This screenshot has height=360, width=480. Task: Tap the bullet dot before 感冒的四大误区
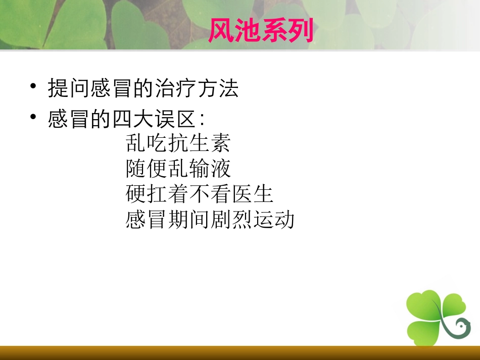[33, 117]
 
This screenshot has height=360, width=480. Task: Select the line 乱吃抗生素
[178, 144]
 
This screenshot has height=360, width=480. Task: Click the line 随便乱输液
[178, 169]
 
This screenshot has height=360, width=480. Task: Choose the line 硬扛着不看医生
[199, 194]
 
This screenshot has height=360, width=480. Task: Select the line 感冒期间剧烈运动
[210, 220]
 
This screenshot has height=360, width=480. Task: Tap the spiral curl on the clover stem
[461, 328]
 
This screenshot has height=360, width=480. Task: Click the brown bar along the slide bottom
[240, 353]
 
